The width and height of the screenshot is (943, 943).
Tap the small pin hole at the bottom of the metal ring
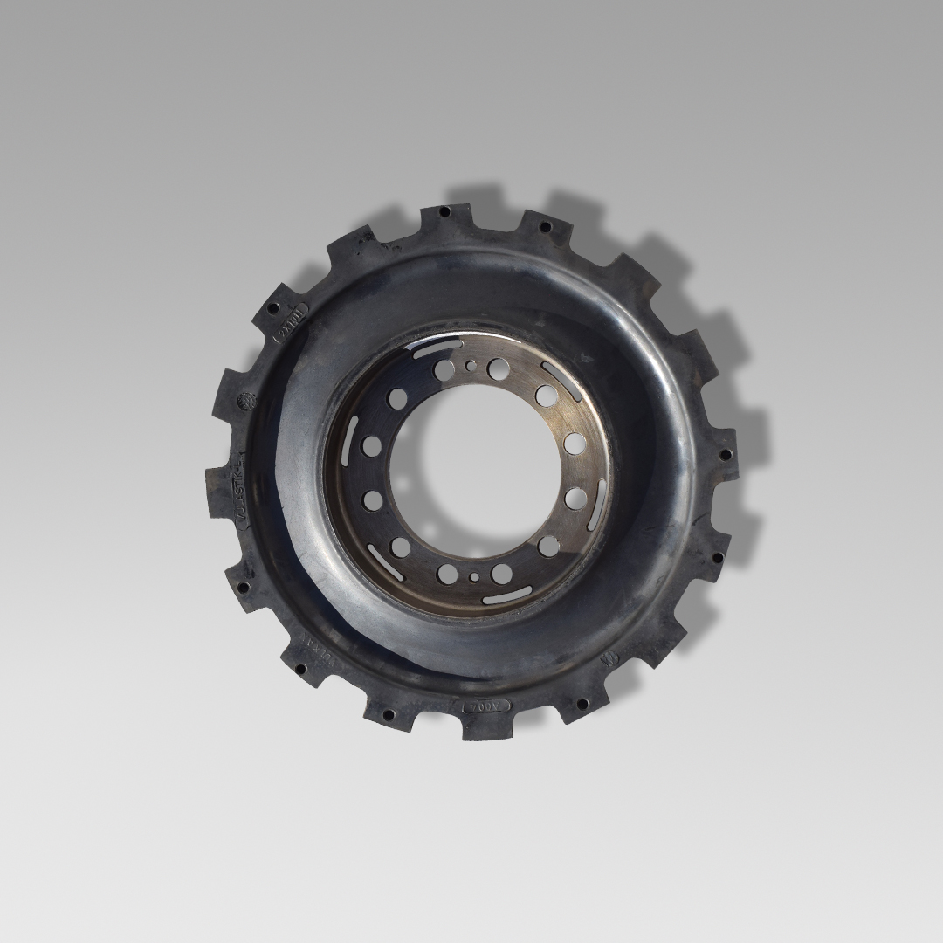coord(474,576)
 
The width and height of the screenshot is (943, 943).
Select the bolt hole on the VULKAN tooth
coord(300,671)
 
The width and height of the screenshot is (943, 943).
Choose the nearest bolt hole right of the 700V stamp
coord(580,702)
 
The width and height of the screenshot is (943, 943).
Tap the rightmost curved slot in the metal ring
coord(599,504)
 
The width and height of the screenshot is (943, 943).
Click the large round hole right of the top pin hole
coord(499,368)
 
